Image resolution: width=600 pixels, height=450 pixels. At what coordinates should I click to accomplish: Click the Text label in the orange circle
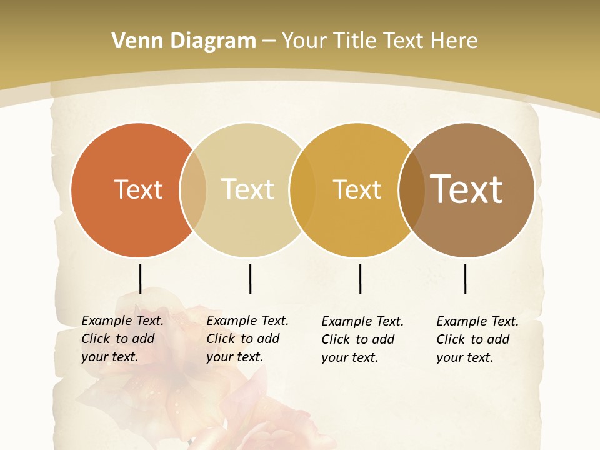tap(138, 189)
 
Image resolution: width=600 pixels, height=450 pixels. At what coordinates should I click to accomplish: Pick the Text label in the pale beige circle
tap(247, 189)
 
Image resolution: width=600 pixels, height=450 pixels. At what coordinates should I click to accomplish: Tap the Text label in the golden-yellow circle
tap(357, 189)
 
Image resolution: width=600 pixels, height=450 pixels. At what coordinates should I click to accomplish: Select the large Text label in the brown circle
tap(466, 189)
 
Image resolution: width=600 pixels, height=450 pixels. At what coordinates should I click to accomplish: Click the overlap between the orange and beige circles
tap(193, 189)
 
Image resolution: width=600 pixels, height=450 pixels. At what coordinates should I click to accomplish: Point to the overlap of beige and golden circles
tap(302, 189)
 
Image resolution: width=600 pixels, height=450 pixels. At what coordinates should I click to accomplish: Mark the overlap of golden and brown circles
tap(412, 189)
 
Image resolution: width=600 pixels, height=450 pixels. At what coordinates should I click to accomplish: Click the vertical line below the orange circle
tap(141, 279)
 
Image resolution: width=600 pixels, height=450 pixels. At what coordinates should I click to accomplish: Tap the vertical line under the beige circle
tap(250, 279)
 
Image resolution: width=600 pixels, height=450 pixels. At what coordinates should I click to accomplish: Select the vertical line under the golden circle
tap(360, 279)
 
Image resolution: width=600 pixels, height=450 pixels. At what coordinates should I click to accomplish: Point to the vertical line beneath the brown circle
tap(465, 279)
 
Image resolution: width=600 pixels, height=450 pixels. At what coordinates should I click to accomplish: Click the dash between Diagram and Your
tap(269, 42)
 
